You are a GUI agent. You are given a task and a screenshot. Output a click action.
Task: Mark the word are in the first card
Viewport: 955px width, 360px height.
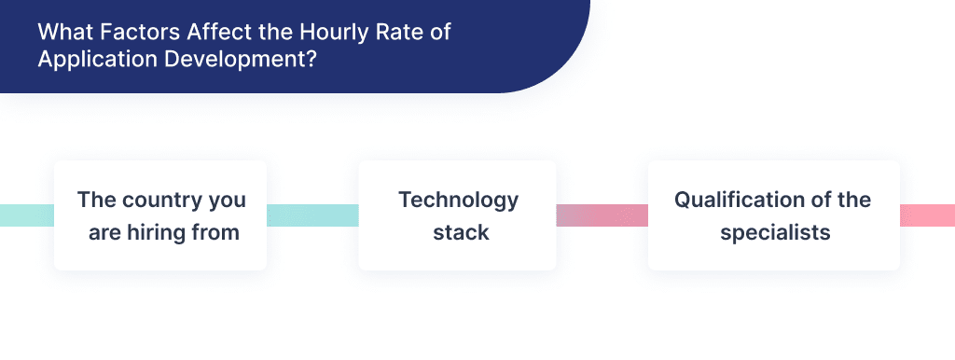[x=104, y=232]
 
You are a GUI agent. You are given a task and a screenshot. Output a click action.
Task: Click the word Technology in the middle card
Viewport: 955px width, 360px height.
[x=458, y=200]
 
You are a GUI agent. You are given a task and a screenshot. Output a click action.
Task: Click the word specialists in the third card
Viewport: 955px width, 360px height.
[x=774, y=232]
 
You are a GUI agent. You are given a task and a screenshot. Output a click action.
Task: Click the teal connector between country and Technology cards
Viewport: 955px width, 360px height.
[x=312, y=215]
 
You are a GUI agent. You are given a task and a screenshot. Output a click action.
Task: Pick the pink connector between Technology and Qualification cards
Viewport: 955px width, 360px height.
[x=602, y=215]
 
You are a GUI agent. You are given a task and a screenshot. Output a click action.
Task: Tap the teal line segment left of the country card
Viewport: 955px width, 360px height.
[x=26, y=215]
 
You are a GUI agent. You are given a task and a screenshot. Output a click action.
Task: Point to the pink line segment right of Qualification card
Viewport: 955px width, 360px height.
[x=927, y=215]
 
